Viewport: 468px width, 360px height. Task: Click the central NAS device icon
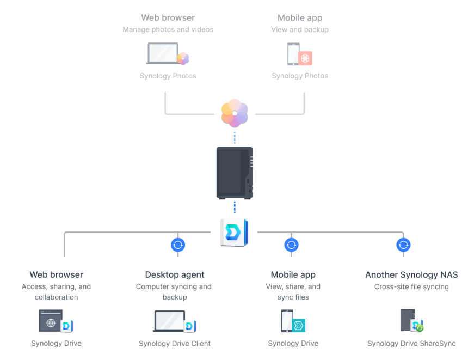pos(235,172)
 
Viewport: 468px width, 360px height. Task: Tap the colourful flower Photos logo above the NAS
pos(235,113)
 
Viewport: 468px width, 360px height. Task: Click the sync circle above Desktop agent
pos(178,245)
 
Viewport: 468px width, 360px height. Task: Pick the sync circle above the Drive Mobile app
pos(292,245)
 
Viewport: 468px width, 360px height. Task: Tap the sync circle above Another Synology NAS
pos(403,245)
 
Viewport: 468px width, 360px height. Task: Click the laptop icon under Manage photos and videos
pos(163,54)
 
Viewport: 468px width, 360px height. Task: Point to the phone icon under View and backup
pos(293,54)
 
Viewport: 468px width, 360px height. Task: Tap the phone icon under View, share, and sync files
pos(287,321)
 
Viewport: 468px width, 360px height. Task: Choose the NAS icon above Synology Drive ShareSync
pos(408,321)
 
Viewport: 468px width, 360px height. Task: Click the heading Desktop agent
pos(175,274)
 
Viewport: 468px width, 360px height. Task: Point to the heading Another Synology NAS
pos(411,274)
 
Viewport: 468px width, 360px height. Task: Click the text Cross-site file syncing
pos(411,286)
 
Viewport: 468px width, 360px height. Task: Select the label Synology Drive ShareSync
pos(411,344)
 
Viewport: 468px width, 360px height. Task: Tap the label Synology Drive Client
pos(175,344)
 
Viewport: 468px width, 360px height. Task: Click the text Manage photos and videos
pos(168,29)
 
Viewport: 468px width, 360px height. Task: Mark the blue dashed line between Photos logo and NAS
pos(235,137)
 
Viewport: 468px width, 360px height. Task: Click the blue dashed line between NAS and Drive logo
pos(235,208)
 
